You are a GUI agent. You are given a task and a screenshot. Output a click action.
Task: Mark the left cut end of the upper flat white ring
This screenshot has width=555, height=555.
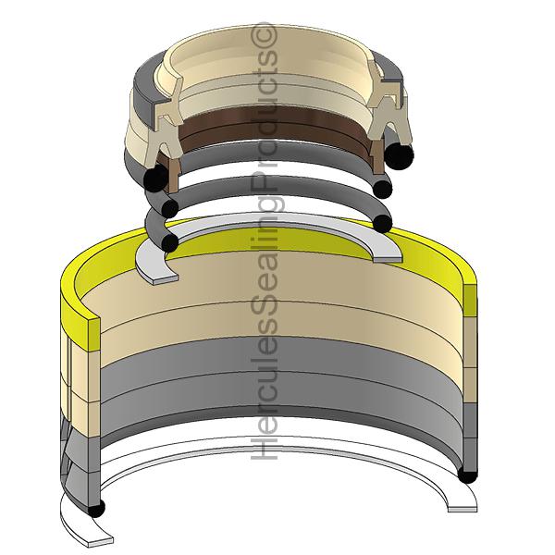pos(156,268)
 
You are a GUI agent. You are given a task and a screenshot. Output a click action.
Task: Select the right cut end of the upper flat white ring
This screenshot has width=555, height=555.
pos(390,252)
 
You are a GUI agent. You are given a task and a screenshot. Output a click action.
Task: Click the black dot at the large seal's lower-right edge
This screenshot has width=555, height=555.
pos(467,475)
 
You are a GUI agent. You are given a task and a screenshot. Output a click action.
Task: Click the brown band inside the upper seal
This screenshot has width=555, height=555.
pos(277,120)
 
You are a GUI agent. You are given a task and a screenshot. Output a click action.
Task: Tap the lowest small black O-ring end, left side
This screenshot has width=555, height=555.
pos(168,241)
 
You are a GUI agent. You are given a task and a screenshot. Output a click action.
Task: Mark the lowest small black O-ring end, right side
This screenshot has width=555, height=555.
pos(382,223)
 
